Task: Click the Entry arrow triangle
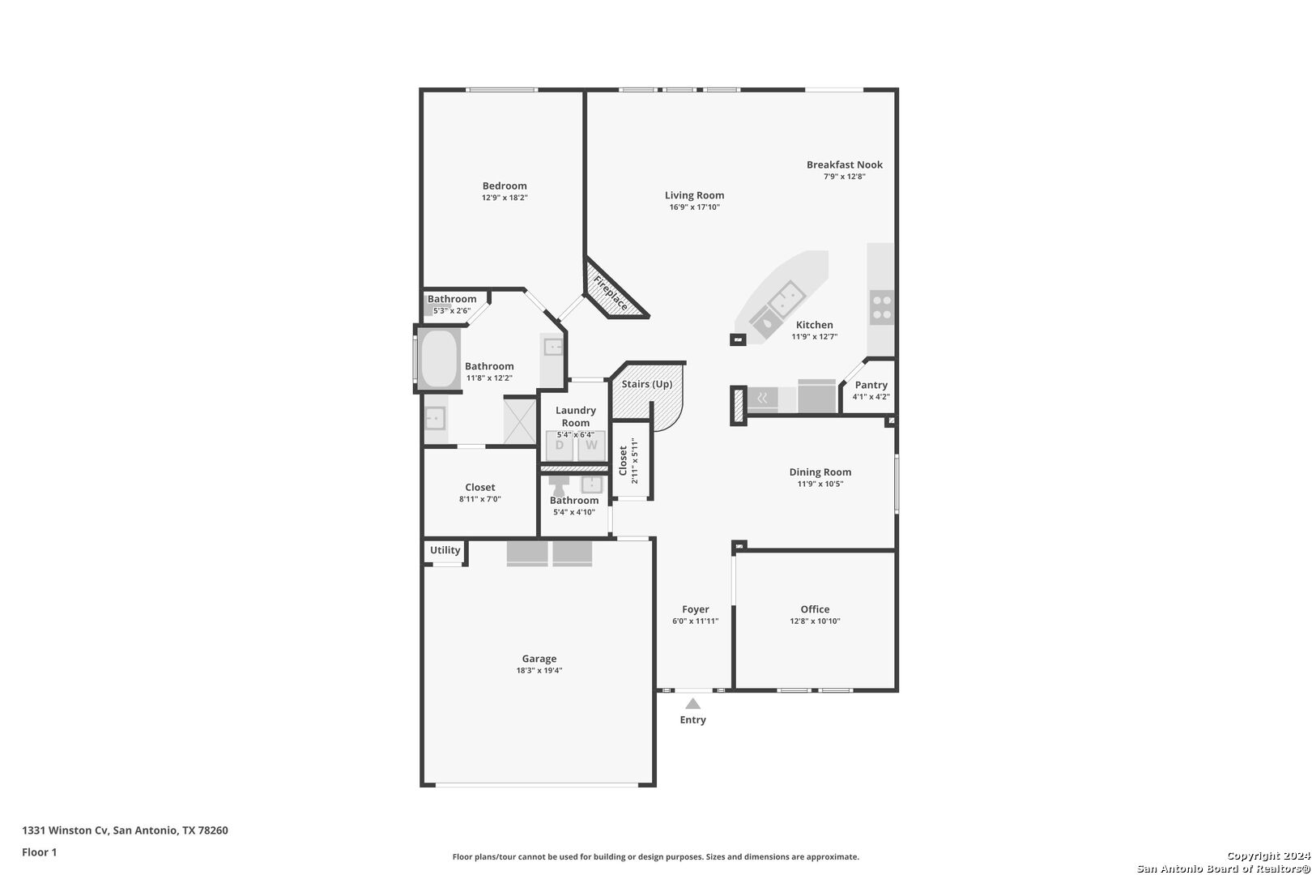(x=693, y=703)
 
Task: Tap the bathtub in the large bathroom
(x=439, y=359)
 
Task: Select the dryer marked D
(x=560, y=446)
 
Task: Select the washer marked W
(x=591, y=446)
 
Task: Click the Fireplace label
(x=611, y=293)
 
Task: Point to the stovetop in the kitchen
(x=881, y=307)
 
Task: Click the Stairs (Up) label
(x=646, y=384)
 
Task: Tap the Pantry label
(x=871, y=385)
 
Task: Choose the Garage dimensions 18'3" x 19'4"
(x=539, y=671)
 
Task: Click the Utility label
(x=445, y=550)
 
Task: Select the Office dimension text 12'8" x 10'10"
(x=815, y=621)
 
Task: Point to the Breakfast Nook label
(x=845, y=164)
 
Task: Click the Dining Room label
(x=820, y=472)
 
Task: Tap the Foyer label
(x=695, y=609)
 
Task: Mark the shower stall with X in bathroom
(x=519, y=420)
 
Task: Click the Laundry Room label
(x=576, y=416)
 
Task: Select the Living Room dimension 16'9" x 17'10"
(x=695, y=207)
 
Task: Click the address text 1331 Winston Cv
(x=65, y=830)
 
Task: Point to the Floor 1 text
(x=39, y=852)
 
